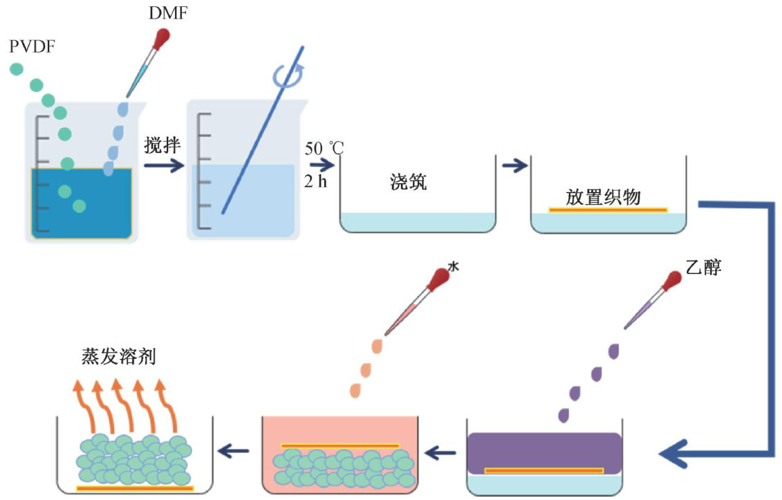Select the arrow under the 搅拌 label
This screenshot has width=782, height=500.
(164, 166)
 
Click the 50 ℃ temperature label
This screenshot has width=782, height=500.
(323, 147)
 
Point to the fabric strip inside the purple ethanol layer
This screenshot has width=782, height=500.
(544, 471)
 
